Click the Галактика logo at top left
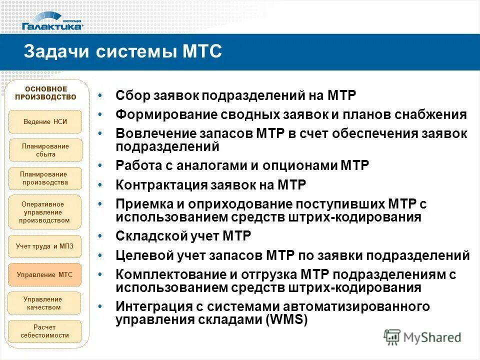pos(52,23)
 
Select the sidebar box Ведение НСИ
pos(45,121)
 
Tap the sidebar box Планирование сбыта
pos(45,150)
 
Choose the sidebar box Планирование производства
pos(45,178)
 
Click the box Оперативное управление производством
pos(45,212)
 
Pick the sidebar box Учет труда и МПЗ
pos(45,246)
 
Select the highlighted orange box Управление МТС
pos(45,274)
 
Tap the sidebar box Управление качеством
pos(45,303)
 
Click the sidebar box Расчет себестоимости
pos(45,331)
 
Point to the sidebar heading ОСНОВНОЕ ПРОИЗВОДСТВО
pos(45,93)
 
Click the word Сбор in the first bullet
pos(129,95)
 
